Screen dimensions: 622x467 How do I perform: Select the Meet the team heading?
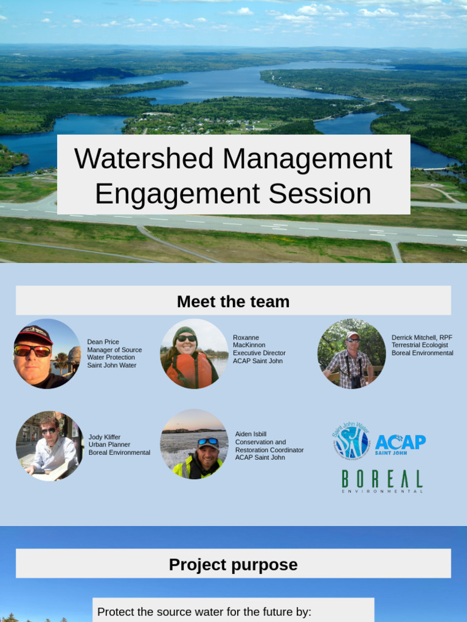coord(233,301)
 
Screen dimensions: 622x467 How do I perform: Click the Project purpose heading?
coord(233,565)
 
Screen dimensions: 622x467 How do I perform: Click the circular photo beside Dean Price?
coord(47,354)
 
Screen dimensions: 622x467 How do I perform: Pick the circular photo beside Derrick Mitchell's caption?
coord(351,354)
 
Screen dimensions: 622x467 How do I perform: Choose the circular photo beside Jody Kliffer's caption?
coord(49,446)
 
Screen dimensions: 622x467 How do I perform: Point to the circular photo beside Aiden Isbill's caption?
coord(194,445)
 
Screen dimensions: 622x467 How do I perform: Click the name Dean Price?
coord(103,342)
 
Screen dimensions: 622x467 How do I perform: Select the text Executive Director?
coord(259,353)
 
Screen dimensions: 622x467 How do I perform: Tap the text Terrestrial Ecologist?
coord(420,345)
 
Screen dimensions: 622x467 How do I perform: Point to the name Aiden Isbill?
coord(251,434)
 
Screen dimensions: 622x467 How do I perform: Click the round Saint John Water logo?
coord(351,441)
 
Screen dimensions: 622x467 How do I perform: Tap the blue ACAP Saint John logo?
coord(400,443)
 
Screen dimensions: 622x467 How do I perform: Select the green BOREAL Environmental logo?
coord(382,481)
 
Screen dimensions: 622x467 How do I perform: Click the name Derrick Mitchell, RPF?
coord(422,337)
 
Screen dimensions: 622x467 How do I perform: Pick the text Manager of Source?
coord(114,350)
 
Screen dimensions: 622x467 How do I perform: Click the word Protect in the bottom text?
coord(117,612)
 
